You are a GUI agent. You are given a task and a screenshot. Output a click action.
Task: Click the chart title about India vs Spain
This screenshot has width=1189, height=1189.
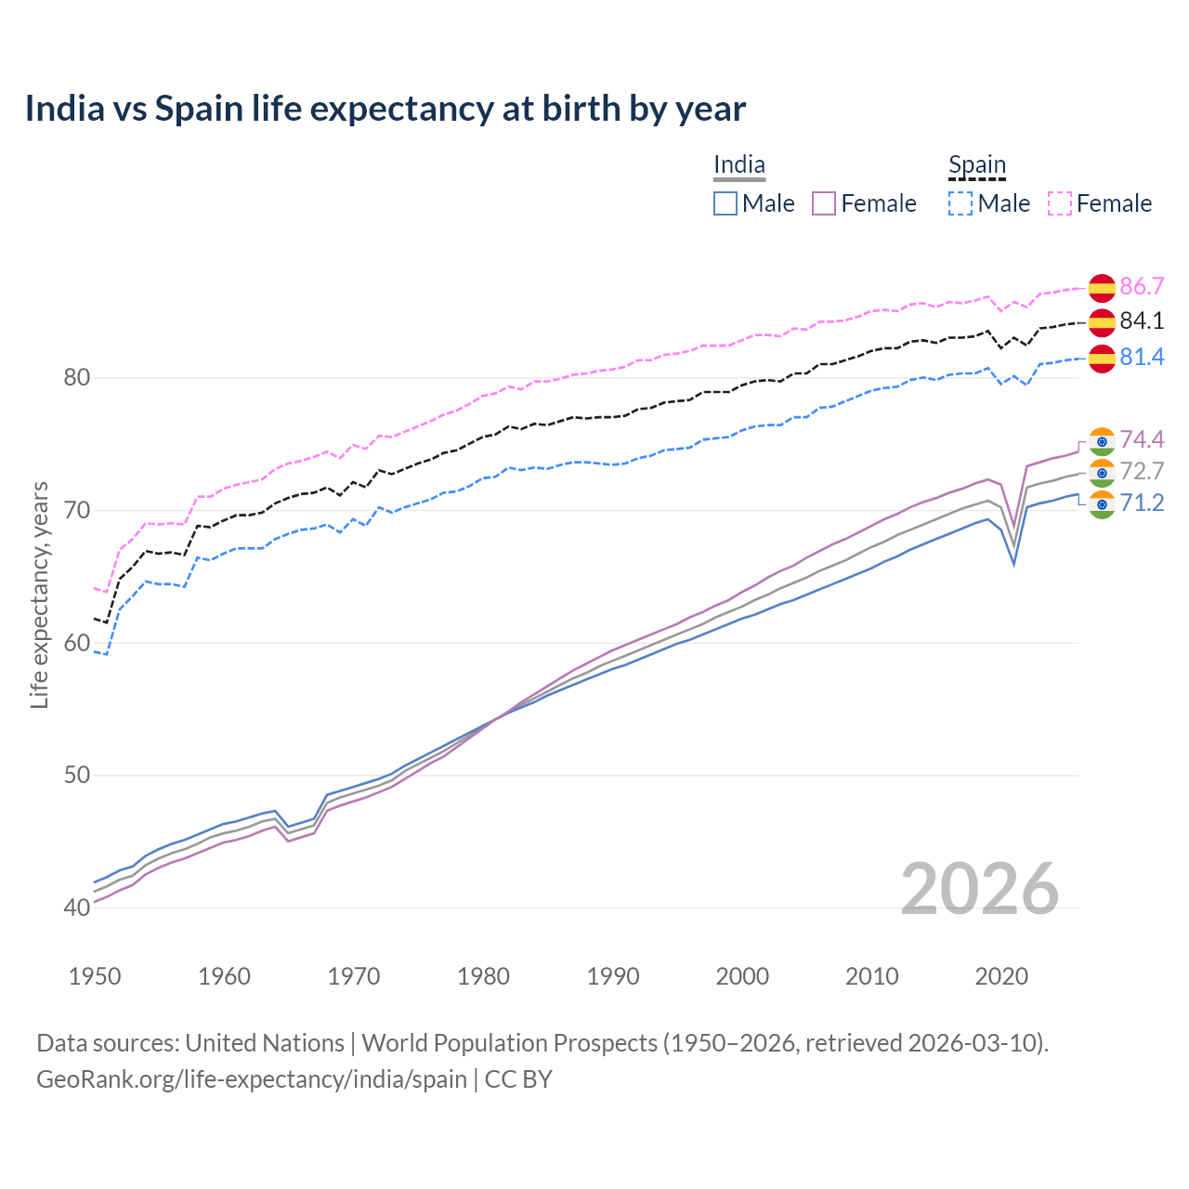[385, 109]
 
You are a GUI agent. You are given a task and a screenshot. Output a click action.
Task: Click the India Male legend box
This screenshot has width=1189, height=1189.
[725, 203]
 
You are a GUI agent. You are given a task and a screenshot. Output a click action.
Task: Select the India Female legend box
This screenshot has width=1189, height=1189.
[824, 203]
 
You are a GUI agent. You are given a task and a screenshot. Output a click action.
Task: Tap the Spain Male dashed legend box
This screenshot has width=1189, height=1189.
[960, 203]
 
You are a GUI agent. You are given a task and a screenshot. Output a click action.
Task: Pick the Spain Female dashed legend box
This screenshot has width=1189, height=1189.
[1060, 203]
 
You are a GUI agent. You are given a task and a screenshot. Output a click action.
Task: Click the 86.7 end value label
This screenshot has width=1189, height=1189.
[1142, 286]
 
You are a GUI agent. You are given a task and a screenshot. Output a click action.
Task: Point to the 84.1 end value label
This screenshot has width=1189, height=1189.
[1142, 321]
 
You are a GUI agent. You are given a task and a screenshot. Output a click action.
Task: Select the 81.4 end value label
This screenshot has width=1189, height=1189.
[1142, 358]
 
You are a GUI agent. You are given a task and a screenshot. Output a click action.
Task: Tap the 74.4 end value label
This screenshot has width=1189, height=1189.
[1142, 439]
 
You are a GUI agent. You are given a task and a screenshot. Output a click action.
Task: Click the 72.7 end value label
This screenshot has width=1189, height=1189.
[1142, 472]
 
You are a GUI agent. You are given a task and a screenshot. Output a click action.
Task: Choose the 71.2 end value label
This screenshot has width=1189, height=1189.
[1142, 503]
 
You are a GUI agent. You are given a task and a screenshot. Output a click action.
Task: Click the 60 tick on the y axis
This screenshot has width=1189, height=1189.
[76, 643]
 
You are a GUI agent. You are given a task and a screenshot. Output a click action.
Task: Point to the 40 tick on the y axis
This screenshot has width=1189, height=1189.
[76, 908]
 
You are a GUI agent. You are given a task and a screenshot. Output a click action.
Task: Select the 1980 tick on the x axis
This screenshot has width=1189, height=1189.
[484, 976]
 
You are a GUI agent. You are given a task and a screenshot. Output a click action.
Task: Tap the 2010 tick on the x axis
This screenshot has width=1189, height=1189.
[871, 976]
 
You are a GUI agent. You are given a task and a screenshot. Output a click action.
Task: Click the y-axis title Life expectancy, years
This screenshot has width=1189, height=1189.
[39, 594]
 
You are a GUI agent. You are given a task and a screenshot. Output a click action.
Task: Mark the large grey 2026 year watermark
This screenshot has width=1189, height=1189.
[980, 889]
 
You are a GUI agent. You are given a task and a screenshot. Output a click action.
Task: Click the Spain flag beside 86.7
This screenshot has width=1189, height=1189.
[1102, 288]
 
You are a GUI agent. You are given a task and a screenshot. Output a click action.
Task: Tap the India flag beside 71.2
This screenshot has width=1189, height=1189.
[1102, 504]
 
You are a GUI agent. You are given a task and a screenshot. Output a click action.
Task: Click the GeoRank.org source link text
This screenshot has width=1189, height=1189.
[251, 1079]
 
